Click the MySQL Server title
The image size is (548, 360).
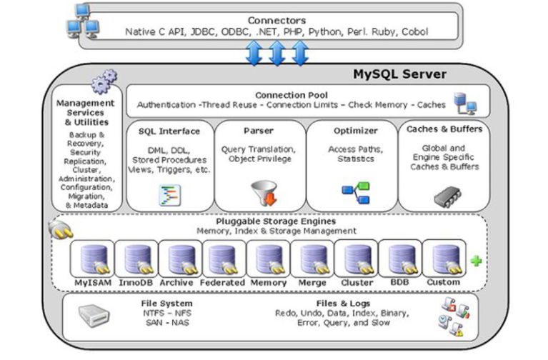(399, 74)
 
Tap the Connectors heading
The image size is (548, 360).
(276, 20)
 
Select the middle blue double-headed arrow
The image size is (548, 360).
(277, 52)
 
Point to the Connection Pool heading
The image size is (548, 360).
(291, 94)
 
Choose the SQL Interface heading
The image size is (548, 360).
(169, 131)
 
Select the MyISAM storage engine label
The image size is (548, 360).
(91, 282)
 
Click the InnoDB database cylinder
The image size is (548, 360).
(135, 259)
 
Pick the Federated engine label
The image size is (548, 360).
(223, 282)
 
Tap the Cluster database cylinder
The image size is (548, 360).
(355, 259)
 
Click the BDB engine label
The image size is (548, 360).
(399, 282)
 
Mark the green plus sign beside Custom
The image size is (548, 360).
(476, 261)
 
